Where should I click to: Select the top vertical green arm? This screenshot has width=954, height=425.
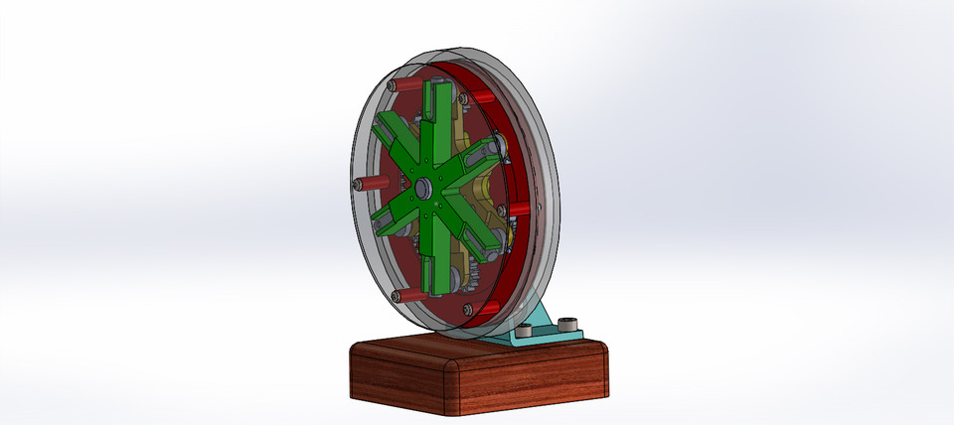(434, 119)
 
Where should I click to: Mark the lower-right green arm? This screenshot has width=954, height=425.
(478, 233)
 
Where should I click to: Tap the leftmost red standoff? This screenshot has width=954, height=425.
(369, 186)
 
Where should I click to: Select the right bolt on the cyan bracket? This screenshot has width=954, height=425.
(568, 324)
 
